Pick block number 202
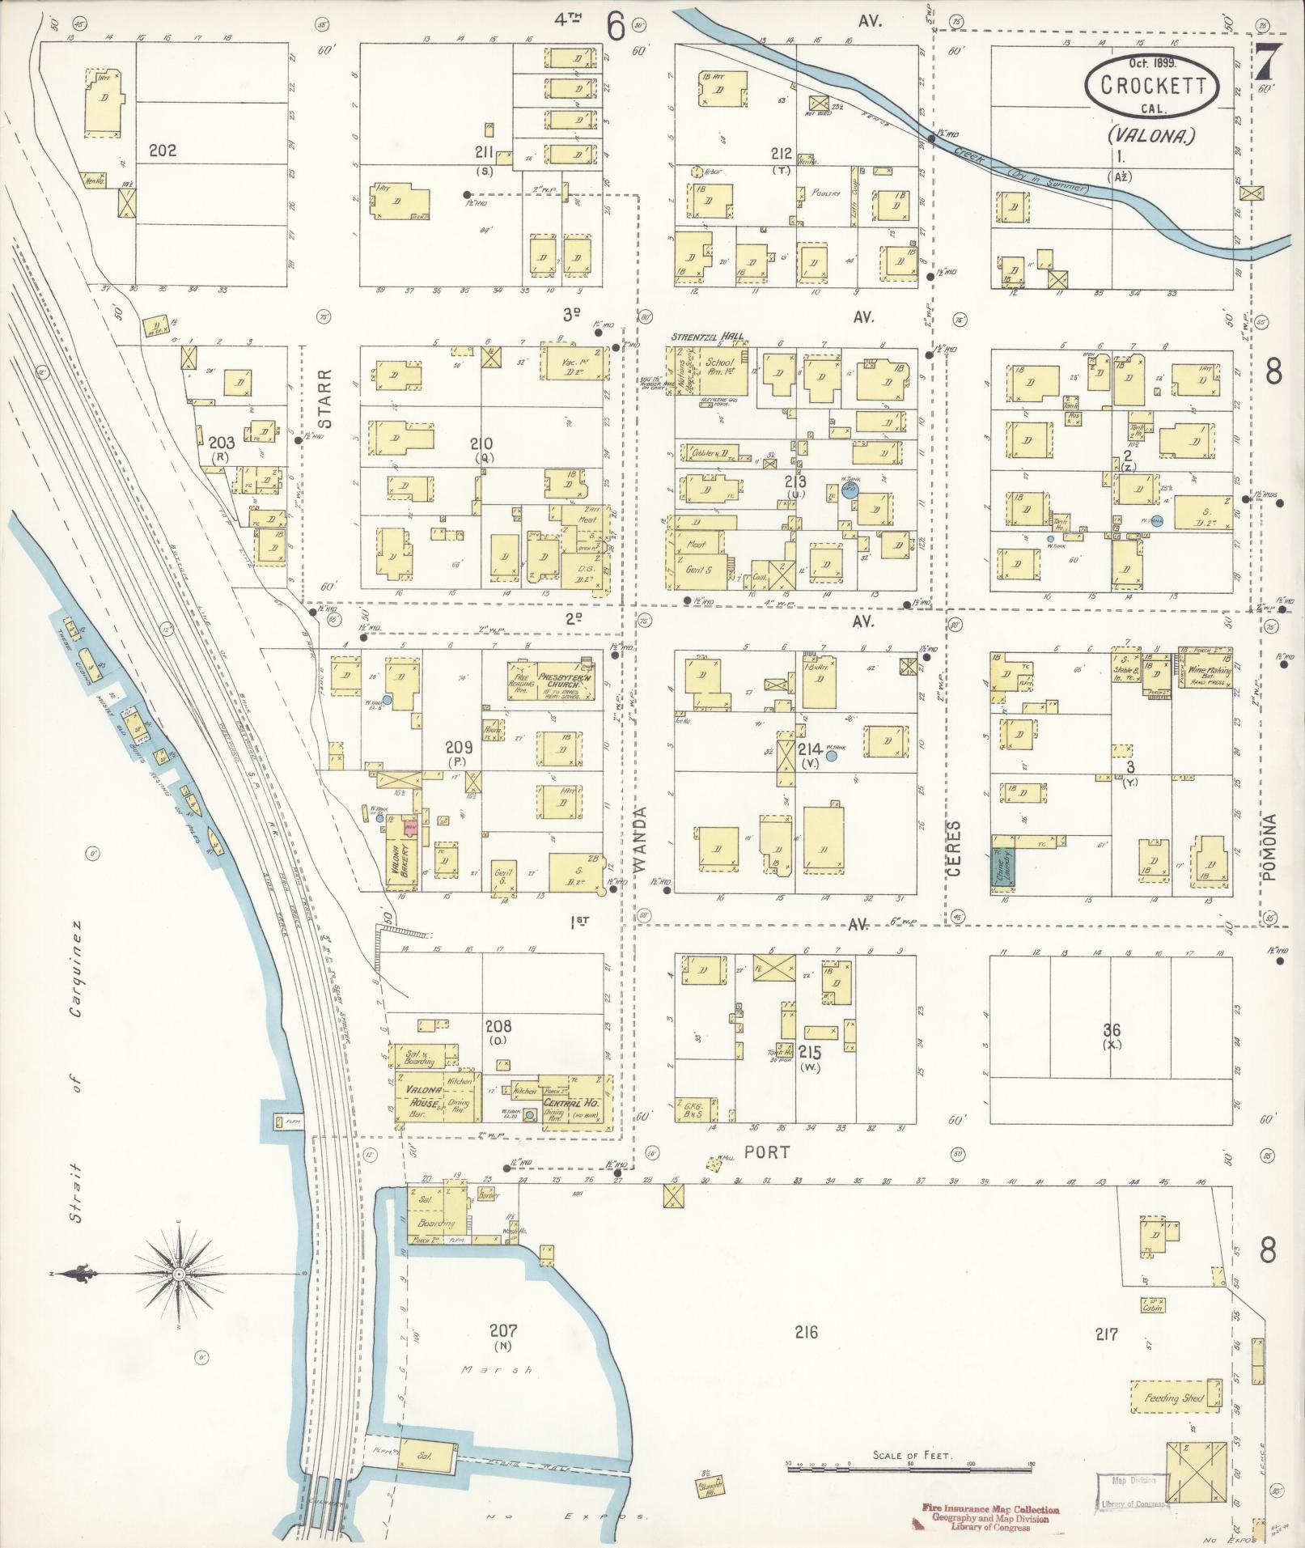click(163, 151)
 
